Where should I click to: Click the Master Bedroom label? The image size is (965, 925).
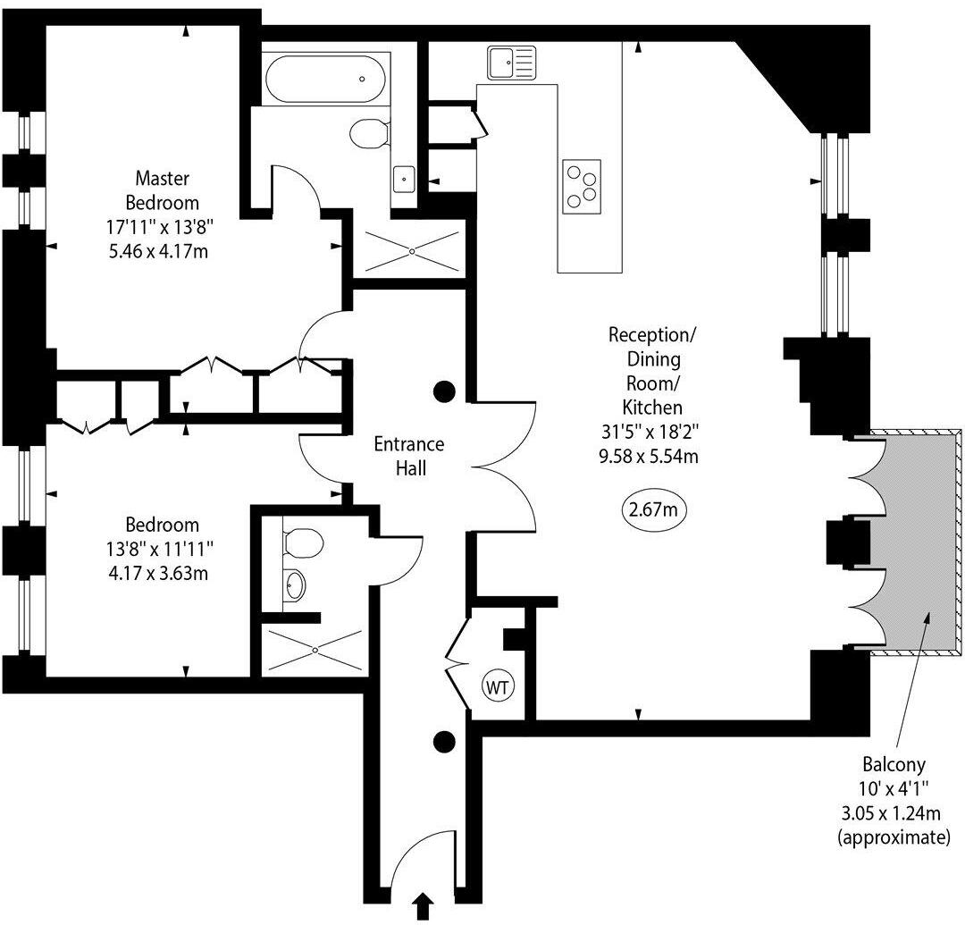[162, 189]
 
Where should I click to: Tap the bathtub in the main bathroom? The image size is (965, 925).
[324, 80]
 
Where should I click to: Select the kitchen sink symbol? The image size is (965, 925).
[511, 63]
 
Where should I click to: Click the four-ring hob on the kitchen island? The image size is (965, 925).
[582, 186]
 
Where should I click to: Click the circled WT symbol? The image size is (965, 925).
[497, 686]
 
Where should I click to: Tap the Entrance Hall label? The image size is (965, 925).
[408, 455]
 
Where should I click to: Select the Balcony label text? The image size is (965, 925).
[894, 765]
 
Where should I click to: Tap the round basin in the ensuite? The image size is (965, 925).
[295, 586]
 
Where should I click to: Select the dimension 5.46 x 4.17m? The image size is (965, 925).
[159, 251]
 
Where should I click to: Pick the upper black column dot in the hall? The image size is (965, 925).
[444, 391]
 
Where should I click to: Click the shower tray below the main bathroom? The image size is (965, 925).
[411, 251]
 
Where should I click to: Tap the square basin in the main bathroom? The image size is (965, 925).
[404, 178]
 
